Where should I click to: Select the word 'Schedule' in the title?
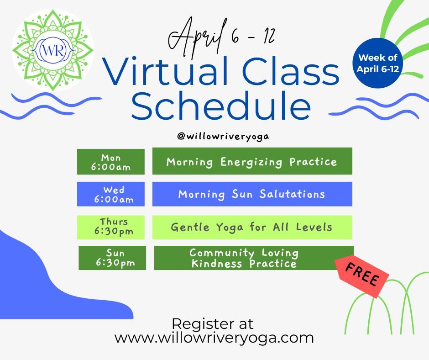[x=221, y=106]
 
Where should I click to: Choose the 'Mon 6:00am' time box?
[x=111, y=162]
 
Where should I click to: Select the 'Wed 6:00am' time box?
[x=111, y=194]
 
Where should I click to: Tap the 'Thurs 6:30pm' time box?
[x=111, y=227]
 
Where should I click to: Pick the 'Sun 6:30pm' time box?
[x=112, y=258]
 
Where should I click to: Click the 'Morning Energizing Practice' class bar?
[x=252, y=161]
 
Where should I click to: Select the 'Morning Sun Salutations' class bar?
[x=252, y=194]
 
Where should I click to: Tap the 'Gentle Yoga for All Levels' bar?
[x=252, y=227]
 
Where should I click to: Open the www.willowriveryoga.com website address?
[x=214, y=338]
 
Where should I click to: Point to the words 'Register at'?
[x=212, y=323]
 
